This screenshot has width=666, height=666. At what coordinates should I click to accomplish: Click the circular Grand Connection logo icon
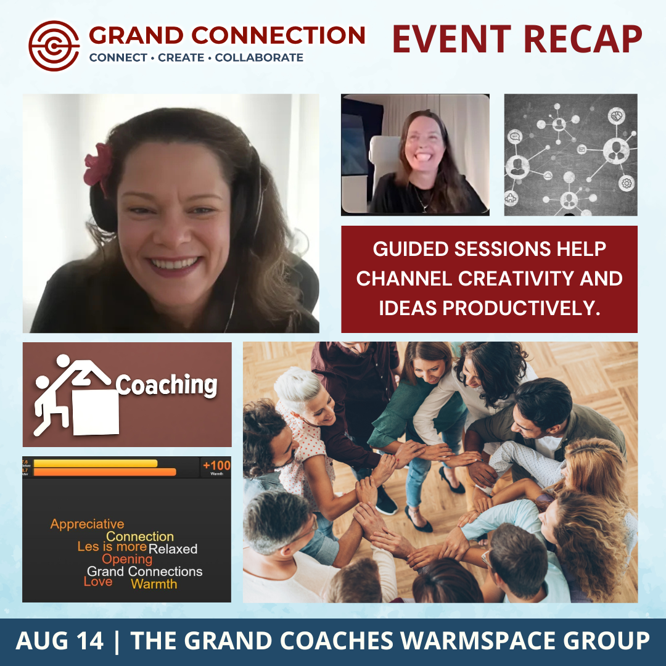click(x=54, y=46)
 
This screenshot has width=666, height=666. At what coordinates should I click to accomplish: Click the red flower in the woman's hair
click(x=98, y=164)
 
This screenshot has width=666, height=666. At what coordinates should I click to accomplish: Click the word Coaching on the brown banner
click(x=166, y=385)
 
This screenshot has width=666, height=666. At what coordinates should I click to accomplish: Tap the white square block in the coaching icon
click(x=96, y=411)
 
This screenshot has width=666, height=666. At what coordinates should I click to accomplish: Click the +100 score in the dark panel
click(x=216, y=466)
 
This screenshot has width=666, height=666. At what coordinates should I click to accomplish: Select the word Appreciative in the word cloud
click(x=87, y=524)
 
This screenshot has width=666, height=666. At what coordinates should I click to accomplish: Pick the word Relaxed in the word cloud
click(x=173, y=549)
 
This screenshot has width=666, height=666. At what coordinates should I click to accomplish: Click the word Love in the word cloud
click(x=98, y=582)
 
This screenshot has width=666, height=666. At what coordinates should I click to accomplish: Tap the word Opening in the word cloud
click(x=127, y=559)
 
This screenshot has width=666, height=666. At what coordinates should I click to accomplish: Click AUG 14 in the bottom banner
click(x=60, y=641)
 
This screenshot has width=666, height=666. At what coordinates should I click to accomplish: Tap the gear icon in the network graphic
click(x=627, y=183)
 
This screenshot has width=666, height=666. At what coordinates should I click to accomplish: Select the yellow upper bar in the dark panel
click(x=96, y=463)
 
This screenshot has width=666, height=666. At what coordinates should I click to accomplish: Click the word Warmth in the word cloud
click(x=154, y=584)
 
